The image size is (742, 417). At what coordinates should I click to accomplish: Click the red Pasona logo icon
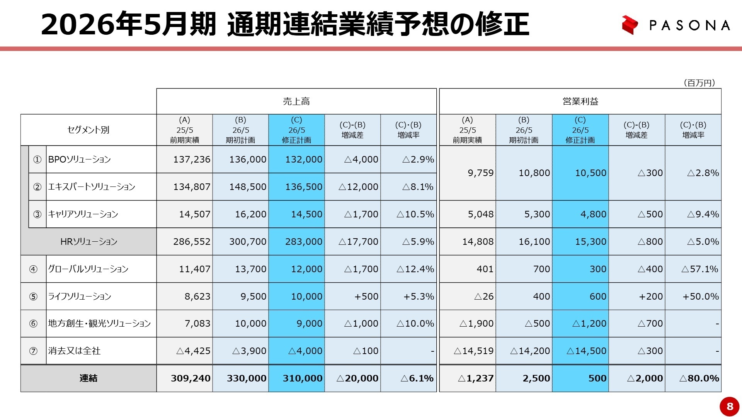pos(630,25)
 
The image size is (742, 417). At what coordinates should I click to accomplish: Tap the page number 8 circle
pos(729,406)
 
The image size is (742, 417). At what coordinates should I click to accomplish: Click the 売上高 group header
pos(296,101)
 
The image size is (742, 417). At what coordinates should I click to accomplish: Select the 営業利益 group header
pos(580,101)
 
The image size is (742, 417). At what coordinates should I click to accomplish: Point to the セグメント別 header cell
pos(88,130)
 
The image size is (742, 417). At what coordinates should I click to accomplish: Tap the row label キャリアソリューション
pos(83,214)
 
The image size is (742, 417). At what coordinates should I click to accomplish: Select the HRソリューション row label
pos(88,242)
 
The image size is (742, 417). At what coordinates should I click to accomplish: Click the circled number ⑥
pos(33,324)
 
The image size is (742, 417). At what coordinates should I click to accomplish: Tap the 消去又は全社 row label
pos(74,351)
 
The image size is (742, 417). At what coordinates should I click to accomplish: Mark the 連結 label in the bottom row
pos(88,378)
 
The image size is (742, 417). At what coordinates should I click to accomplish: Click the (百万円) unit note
pos(699,83)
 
